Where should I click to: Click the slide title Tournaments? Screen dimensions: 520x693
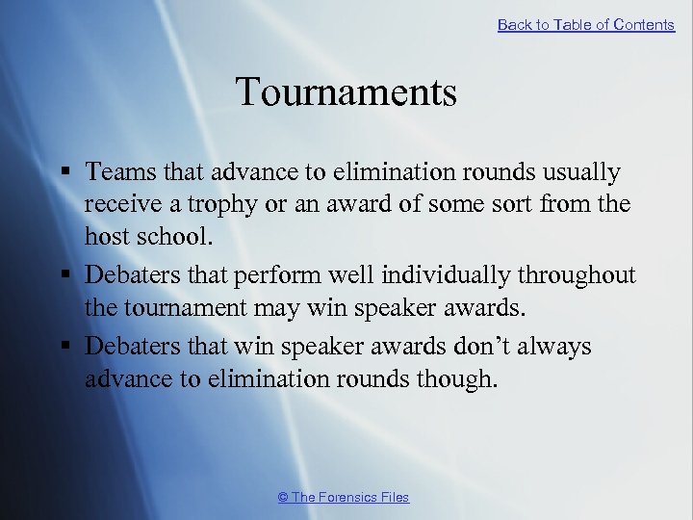tap(346, 92)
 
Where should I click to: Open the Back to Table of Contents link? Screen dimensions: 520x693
tap(586, 25)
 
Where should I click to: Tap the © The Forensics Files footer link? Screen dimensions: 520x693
tap(344, 497)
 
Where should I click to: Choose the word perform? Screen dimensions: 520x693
tap(275, 275)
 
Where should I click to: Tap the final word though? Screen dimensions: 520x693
tap(459, 378)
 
